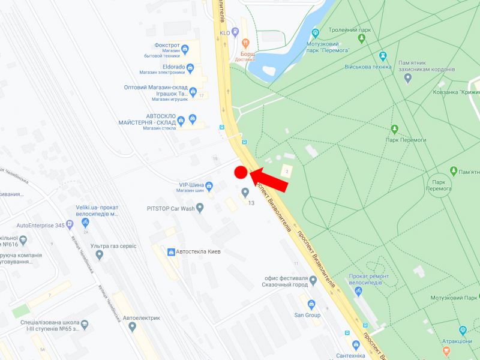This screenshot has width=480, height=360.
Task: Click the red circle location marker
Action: click(x=241, y=173)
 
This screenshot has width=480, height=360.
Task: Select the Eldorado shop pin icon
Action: click(x=190, y=68)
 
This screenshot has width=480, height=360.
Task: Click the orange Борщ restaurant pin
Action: click(x=245, y=43)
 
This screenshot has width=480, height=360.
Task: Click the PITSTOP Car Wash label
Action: click(x=170, y=208)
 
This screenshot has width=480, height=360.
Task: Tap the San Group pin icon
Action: click(x=311, y=304)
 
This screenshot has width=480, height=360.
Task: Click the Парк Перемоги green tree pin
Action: click(x=395, y=129)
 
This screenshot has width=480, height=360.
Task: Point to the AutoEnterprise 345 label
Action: click(x=40, y=226)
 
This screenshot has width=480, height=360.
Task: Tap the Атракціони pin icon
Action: click(x=463, y=331)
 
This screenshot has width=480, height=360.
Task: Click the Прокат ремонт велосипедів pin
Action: click(x=359, y=292)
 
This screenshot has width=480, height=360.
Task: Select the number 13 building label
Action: click(x=251, y=203)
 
